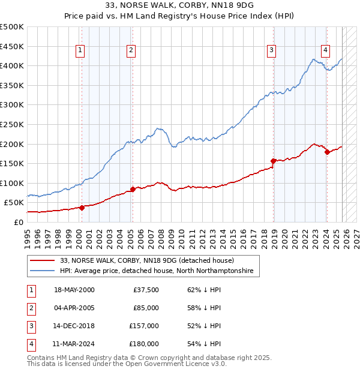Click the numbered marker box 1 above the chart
click(80, 51)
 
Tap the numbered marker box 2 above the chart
click(131, 51)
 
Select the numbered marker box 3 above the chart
click(272, 51)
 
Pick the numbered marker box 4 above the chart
click(325, 51)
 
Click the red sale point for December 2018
click(274, 161)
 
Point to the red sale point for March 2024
click(327, 152)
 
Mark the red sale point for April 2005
click(133, 189)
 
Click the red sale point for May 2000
click(82, 208)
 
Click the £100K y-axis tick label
click(12, 183)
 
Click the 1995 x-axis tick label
click(28, 234)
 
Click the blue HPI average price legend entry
click(157, 271)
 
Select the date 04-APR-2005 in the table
click(74, 308)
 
